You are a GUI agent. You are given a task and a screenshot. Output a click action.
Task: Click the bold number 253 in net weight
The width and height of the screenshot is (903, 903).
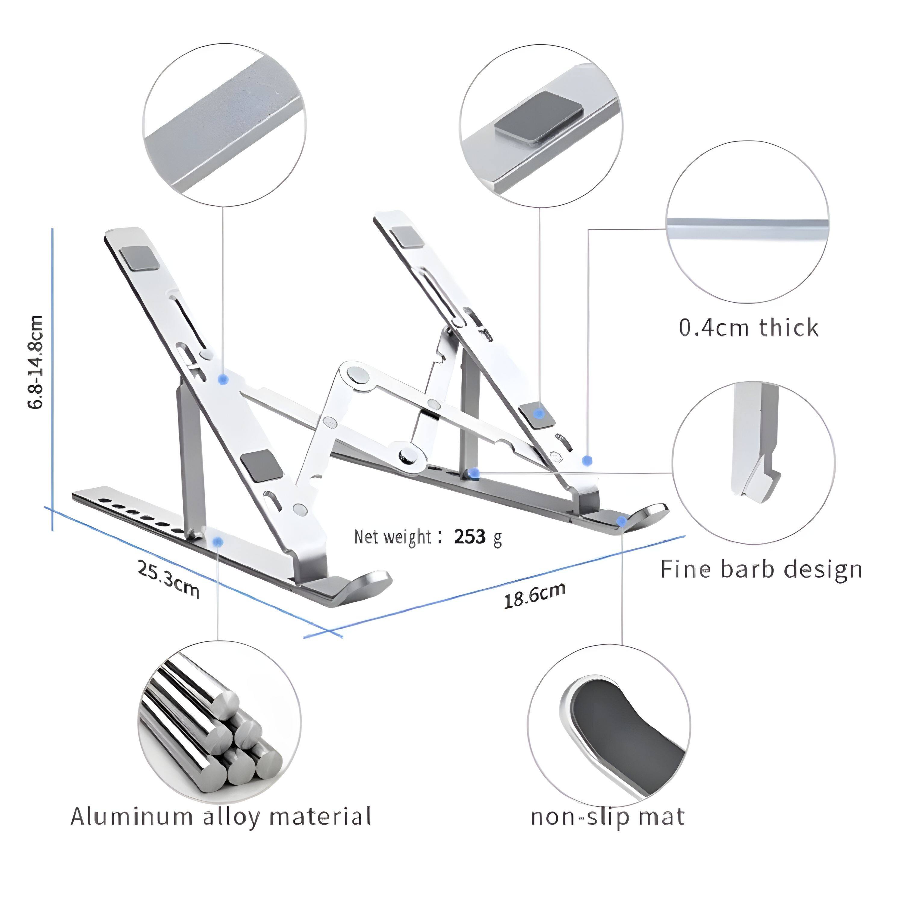pyautogui.click(x=470, y=537)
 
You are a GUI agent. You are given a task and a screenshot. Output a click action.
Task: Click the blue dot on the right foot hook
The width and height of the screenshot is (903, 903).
pyautogui.click(x=622, y=521)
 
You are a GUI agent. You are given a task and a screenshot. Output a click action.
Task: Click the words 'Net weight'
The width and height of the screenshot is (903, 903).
pyautogui.click(x=392, y=537)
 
